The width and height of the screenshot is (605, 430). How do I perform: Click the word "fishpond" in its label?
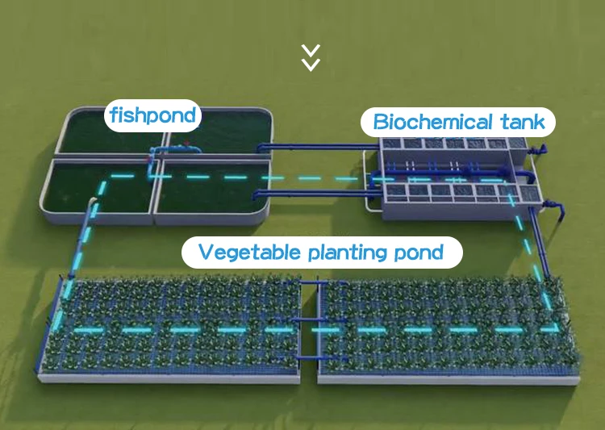coord(152,115)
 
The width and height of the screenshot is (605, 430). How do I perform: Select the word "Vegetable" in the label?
coord(248,253)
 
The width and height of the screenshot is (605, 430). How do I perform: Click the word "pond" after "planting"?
coord(419,253)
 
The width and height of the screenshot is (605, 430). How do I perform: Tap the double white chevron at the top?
coord(311,57)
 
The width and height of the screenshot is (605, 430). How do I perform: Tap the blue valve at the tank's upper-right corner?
coord(541,150)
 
